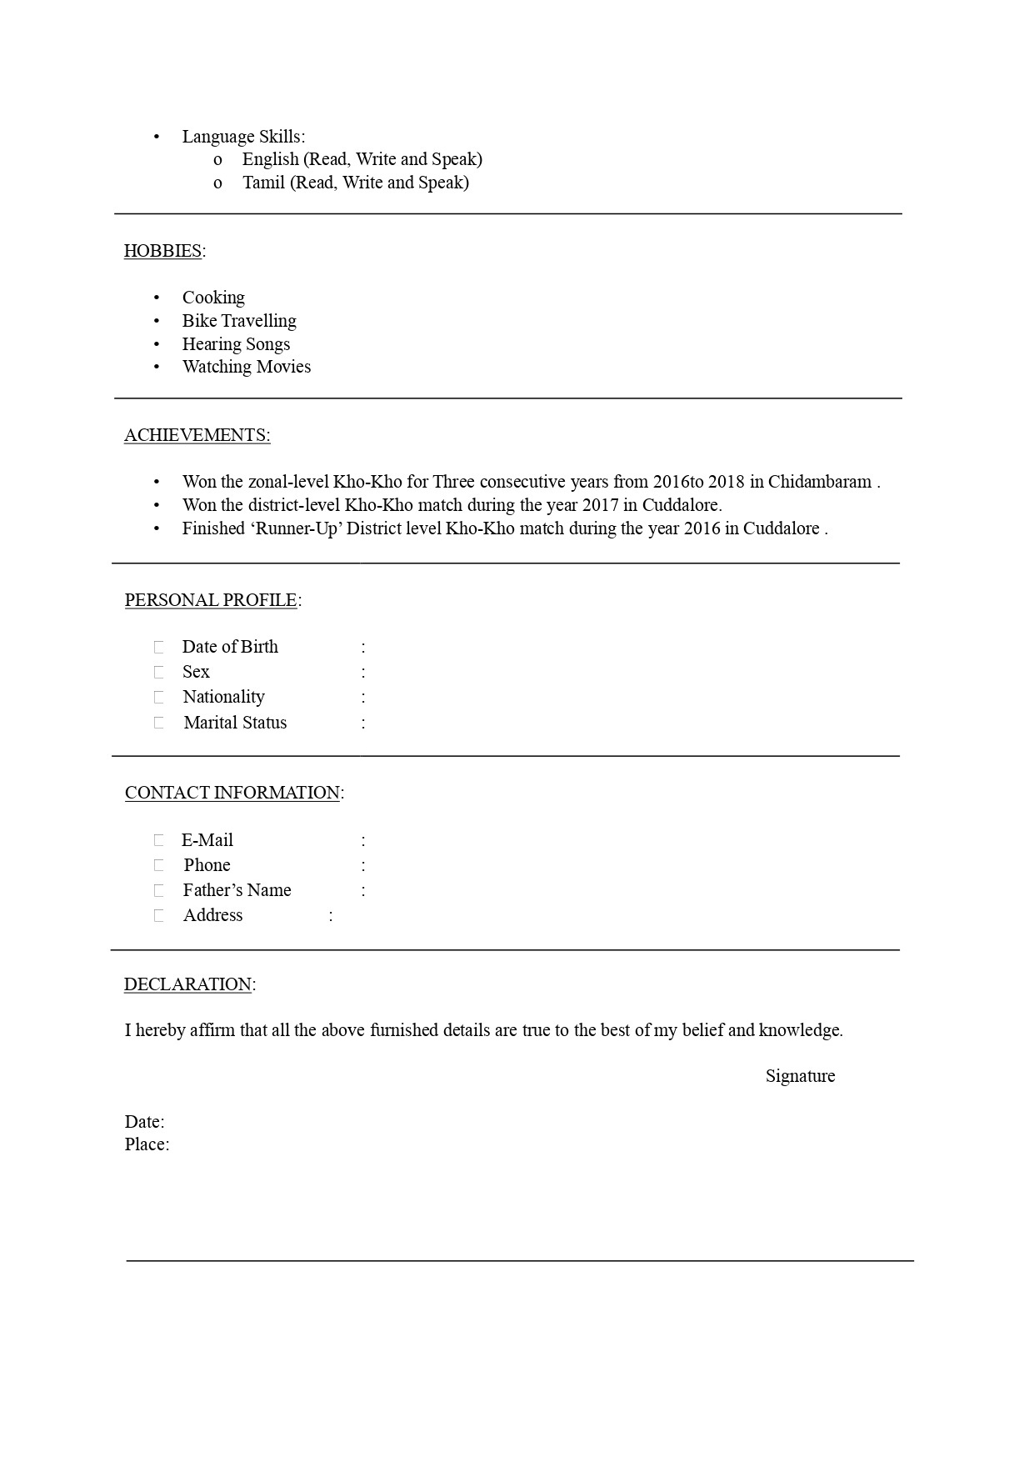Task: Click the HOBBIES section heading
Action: [x=162, y=251]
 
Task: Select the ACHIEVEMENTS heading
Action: [x=197, y=435]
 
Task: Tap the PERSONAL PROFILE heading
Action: [x=211, y=600]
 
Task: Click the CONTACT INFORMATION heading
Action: [x=232, y=793]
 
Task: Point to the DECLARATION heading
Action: [x=187, y=984]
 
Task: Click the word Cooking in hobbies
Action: [x=213, y=298]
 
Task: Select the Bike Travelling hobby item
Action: [x=239, y=321]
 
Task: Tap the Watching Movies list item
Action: [x=247, y=367]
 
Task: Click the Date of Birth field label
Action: [x=230, y=647]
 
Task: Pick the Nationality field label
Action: [x=223, y=697]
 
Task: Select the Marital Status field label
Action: [x=235, y=723]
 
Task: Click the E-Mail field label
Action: [x=207, y=840]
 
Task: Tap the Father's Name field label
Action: [x=237, y=890]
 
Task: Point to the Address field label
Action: [x=213, y=915]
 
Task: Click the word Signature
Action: [x=800, y=1076]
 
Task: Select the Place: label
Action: [x=147, y=1144]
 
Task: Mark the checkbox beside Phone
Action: [x=158, y=865]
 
